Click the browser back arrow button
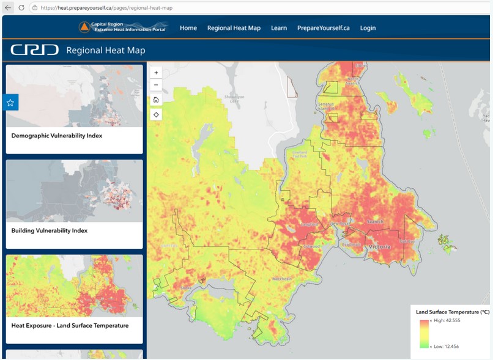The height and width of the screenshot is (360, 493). (x=8, y=7)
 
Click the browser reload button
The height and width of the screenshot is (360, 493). (x=21, y=7)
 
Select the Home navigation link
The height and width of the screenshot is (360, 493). (x=188, y=28)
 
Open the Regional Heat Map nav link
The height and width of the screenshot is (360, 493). (x=234, y=28)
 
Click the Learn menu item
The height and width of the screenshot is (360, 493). (x=279, y=28)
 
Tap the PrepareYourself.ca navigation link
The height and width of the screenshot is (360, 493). (x=323, y=28)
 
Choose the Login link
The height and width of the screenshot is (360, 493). (x=368, y=28)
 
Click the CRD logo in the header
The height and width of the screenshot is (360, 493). (x=34, y=50)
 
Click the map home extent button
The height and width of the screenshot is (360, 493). (x=156, y=100)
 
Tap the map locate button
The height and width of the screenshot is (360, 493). (x=156, y=114)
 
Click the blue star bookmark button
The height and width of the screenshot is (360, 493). (x=10, y=103)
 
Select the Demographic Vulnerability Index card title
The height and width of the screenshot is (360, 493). (x=57, y=136)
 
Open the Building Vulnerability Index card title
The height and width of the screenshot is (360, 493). (x=50, y=230)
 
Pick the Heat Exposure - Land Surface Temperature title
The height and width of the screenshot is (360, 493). (x=70, y=326)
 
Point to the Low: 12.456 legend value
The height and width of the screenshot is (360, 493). (x=447, y=346)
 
